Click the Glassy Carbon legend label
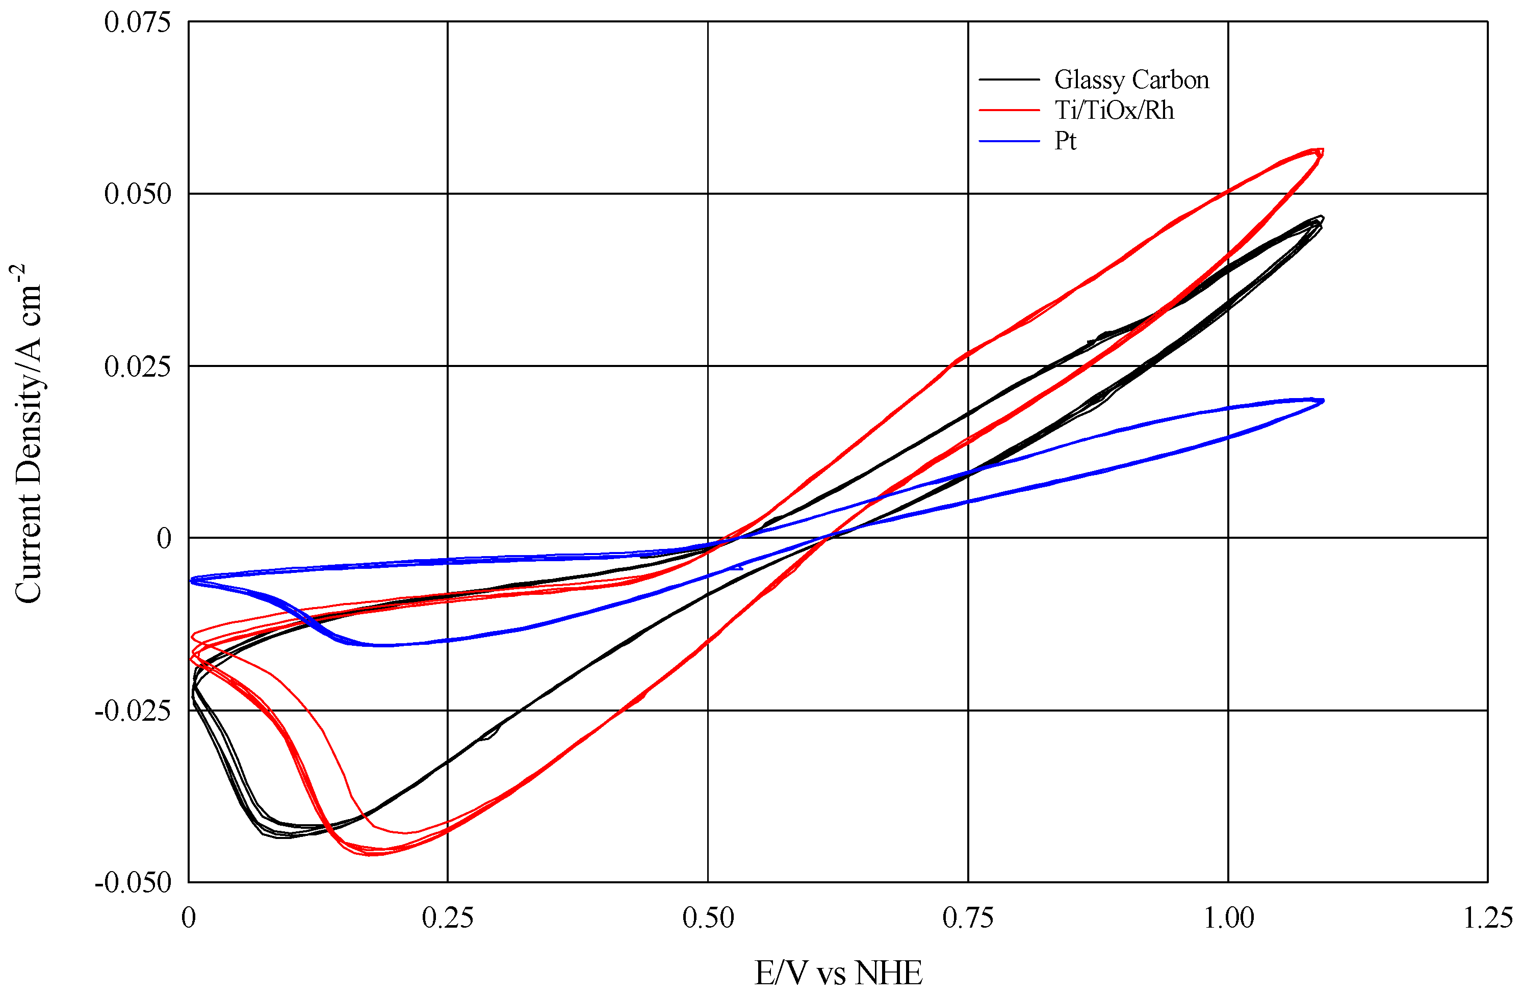[1131, 80]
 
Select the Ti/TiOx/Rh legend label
[1114, 111]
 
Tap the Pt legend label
[1066, 141]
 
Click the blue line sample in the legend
[1009, 141]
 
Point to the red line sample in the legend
[1009, 111]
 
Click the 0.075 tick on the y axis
[138, 22]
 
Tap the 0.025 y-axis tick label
[138, 366]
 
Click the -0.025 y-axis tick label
[133, 711]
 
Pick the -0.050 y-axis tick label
[133, 883]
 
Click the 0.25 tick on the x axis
[448, 918]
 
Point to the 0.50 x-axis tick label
[708, 918]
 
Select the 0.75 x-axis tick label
[968, 918]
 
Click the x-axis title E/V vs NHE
[838, 973]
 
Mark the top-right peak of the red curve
[1321, 150]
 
